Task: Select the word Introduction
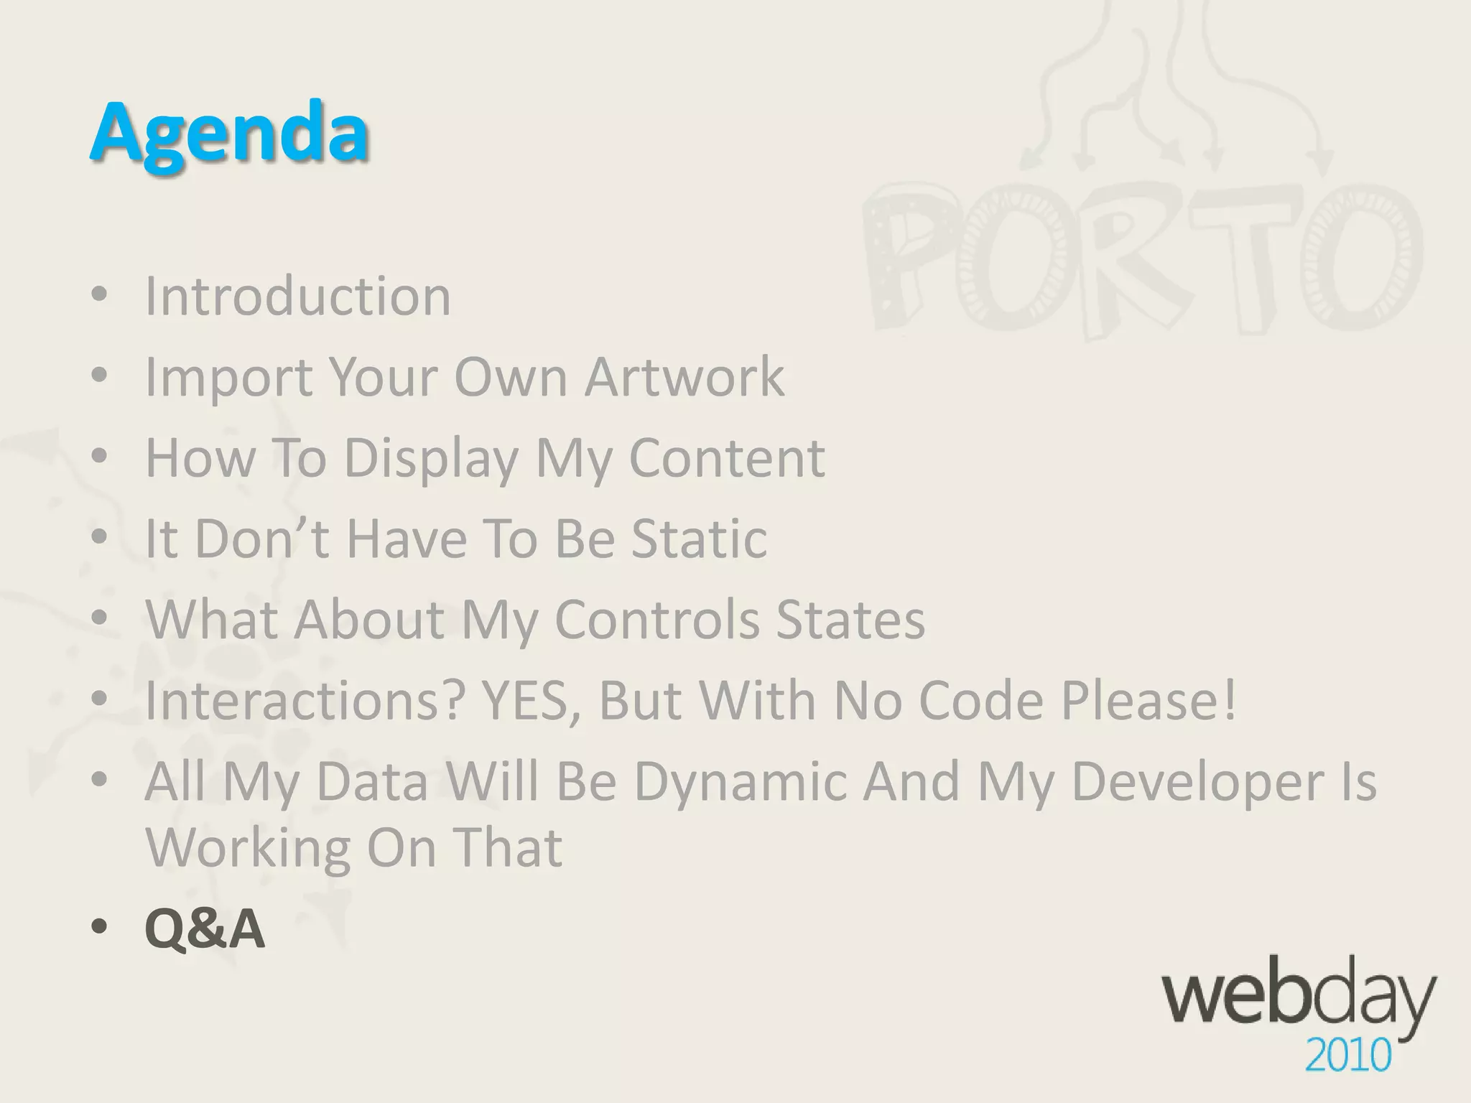298,296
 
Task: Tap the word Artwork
685,376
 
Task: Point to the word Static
699,539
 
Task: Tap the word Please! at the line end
1149,700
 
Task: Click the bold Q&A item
205,929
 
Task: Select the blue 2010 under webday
1347,1056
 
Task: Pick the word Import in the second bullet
228,378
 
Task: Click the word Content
727,458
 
